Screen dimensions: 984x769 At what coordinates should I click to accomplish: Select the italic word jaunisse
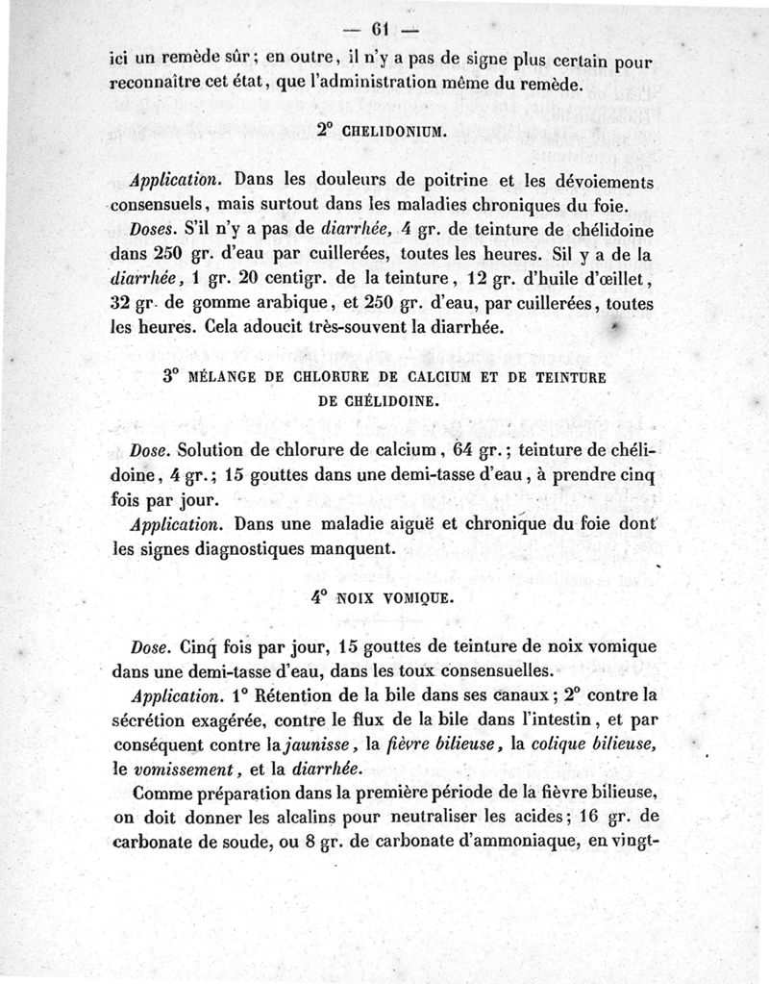coord(312,744)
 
